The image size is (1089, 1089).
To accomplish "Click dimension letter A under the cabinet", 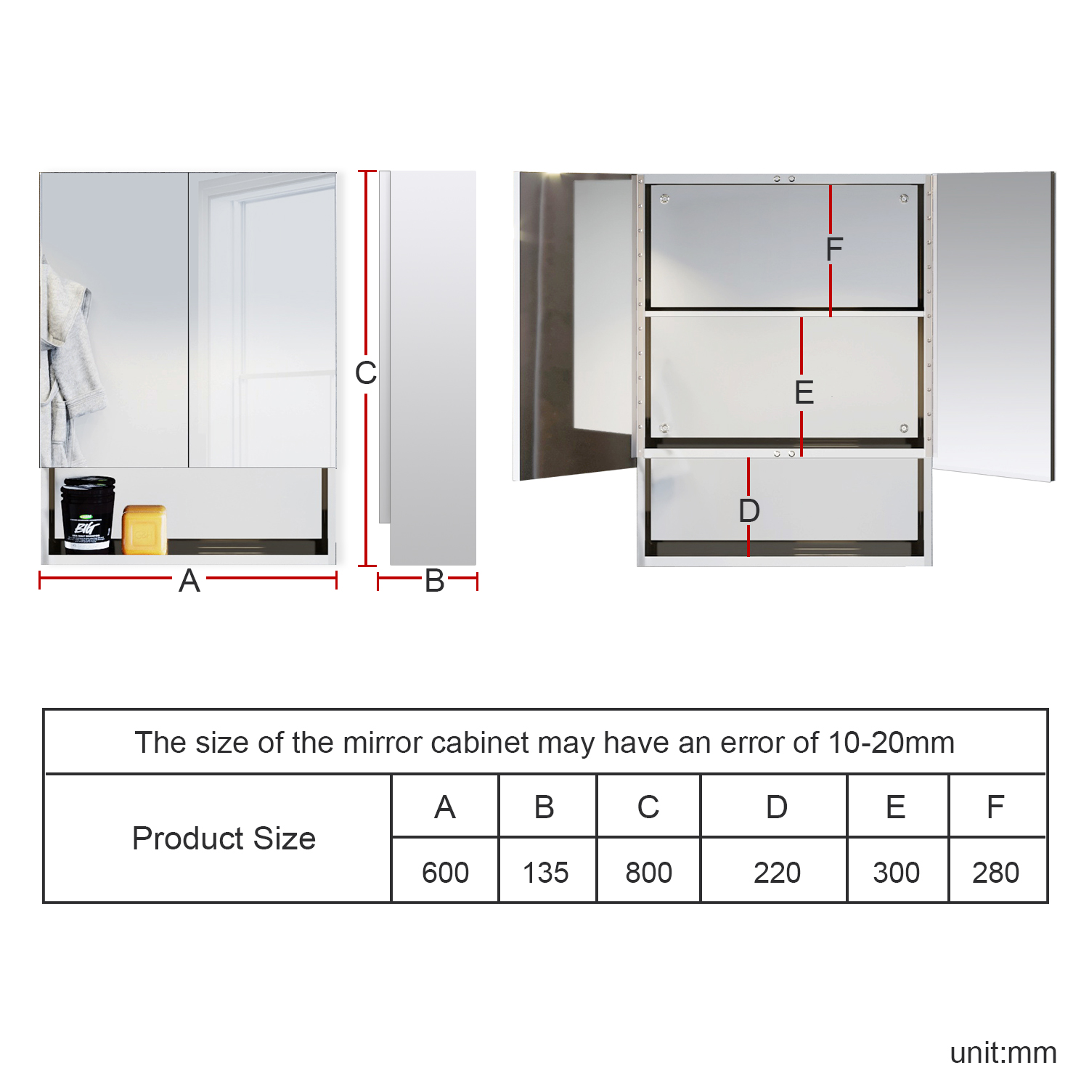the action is coord(189,581).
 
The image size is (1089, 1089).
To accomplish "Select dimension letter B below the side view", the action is coord(435,581).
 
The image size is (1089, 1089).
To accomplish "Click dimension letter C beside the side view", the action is coord(366,373).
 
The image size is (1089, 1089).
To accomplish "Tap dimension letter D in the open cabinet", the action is coord(749,510).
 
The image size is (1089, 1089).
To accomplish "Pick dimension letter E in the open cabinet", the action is coord(804,393).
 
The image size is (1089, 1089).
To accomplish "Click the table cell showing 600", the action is coord(445,872).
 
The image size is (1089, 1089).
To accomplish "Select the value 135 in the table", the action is coord(546,872).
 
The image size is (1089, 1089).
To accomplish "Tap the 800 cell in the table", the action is coord(648,872).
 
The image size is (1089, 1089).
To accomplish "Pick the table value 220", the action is coord(777,872).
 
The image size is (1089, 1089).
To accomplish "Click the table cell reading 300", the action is coord(897,872).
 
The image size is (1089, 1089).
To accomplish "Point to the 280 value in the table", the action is coord(996,872).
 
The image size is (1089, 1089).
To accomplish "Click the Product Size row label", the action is coord(224,839).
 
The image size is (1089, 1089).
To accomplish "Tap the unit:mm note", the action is coord(1003,1053).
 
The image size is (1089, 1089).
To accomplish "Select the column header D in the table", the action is coord(777,807).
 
